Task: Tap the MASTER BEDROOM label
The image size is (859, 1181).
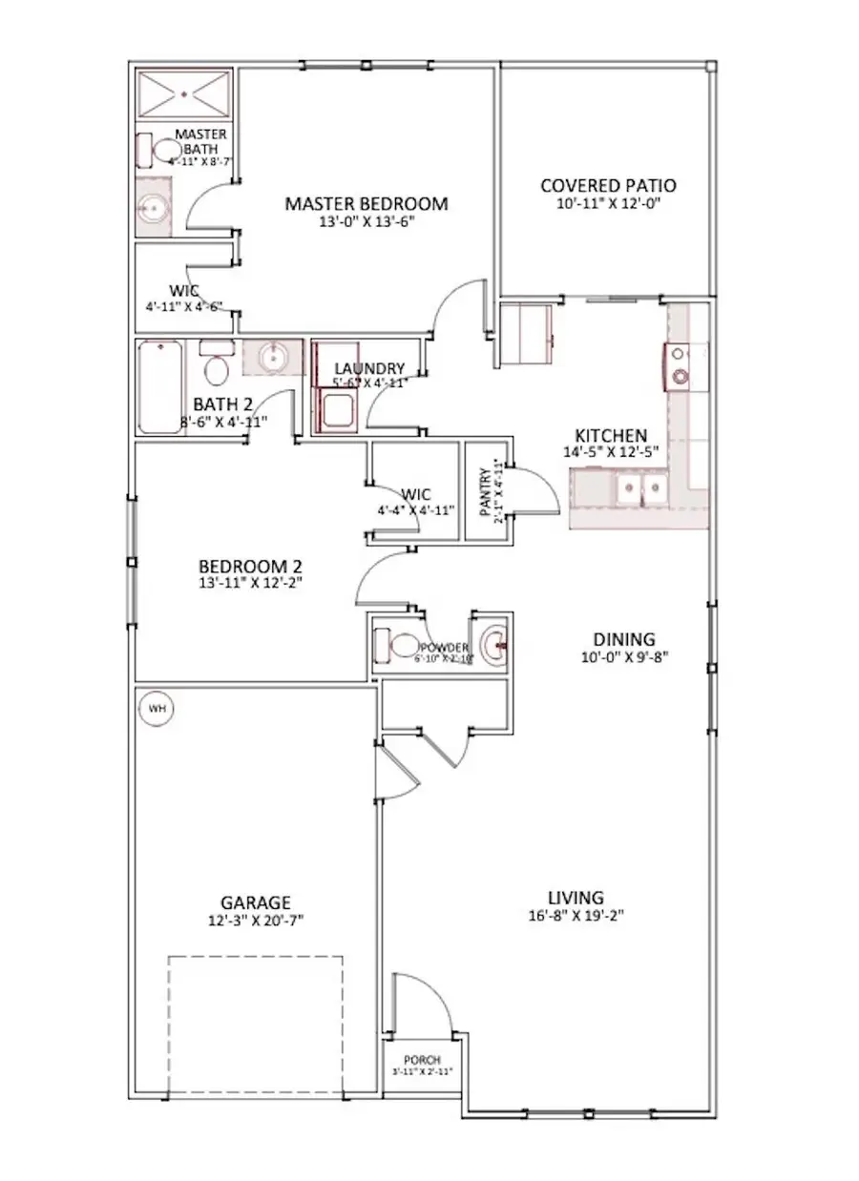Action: point(367,203)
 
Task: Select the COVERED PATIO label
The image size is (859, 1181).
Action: point(608,185)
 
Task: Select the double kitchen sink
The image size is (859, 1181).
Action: point(642,490)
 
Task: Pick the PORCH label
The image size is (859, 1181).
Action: point(421,1060)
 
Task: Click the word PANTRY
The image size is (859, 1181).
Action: point(485,487)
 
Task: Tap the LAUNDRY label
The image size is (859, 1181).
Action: point(368,368)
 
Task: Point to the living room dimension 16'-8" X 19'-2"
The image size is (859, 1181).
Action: point(576,915)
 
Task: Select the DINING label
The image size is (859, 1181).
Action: point(623,639)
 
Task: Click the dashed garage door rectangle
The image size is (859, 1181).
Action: point(255,1025)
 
